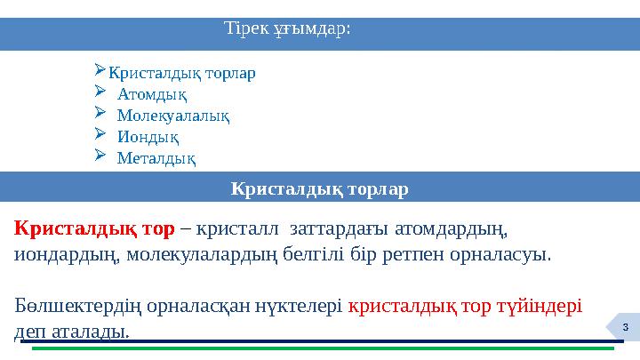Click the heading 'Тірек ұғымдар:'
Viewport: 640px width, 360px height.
(x=288, y=28)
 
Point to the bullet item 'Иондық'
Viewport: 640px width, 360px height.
(x=148, y=137)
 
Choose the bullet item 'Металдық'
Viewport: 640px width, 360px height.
(x=156, y=158)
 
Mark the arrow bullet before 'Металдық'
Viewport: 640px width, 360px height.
(x=100, y=157)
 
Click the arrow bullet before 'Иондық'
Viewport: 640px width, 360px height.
(x=100, y=136)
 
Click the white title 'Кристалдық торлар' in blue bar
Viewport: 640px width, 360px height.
(x=319, y=189)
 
